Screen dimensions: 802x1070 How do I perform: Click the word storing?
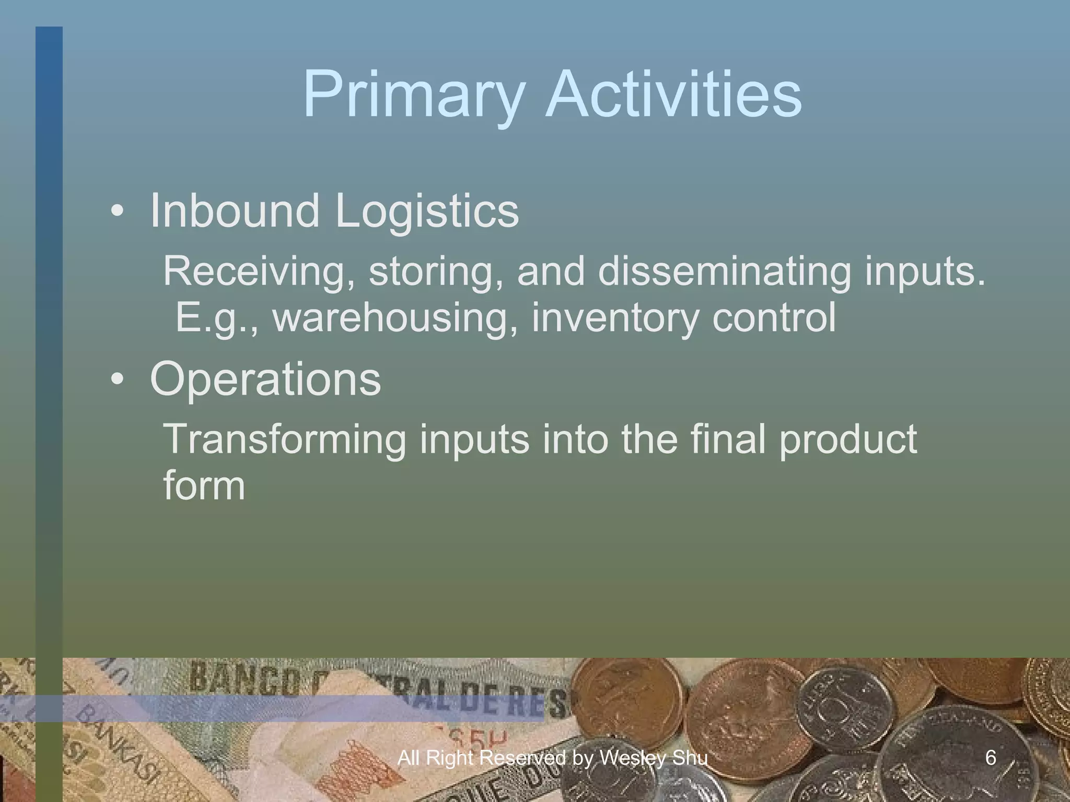[x=437, y=272]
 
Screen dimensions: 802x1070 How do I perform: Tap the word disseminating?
[x=724, y=272]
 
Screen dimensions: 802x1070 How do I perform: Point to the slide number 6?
[x=991, y=757]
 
